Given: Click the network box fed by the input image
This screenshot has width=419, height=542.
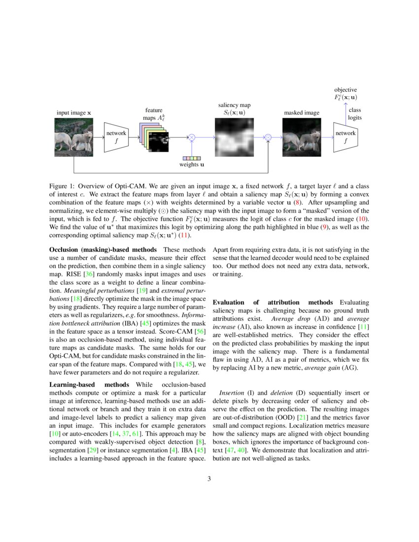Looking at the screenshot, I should point(116,137).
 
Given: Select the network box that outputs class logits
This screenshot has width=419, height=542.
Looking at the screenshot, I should point(346,137).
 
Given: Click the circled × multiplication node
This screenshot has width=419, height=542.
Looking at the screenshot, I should point(192,137).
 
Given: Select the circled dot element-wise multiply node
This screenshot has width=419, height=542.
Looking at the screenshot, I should point(268,137).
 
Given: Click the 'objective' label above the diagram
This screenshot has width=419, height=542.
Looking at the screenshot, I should point(346,90).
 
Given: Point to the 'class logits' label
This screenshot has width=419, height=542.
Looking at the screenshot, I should point(355,114).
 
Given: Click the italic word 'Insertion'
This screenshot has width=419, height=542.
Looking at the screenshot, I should point(231,393).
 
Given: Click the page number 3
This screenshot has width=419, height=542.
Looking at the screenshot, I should point(209,478).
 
